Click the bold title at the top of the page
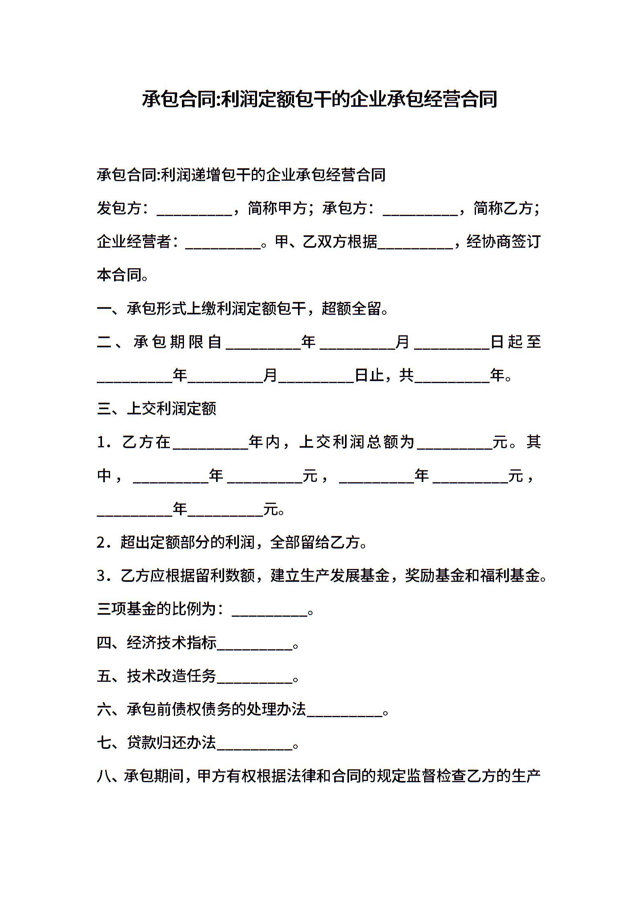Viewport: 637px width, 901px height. point(319,100)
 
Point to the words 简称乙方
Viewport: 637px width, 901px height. point(503,208)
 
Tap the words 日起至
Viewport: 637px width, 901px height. point(516,342)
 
